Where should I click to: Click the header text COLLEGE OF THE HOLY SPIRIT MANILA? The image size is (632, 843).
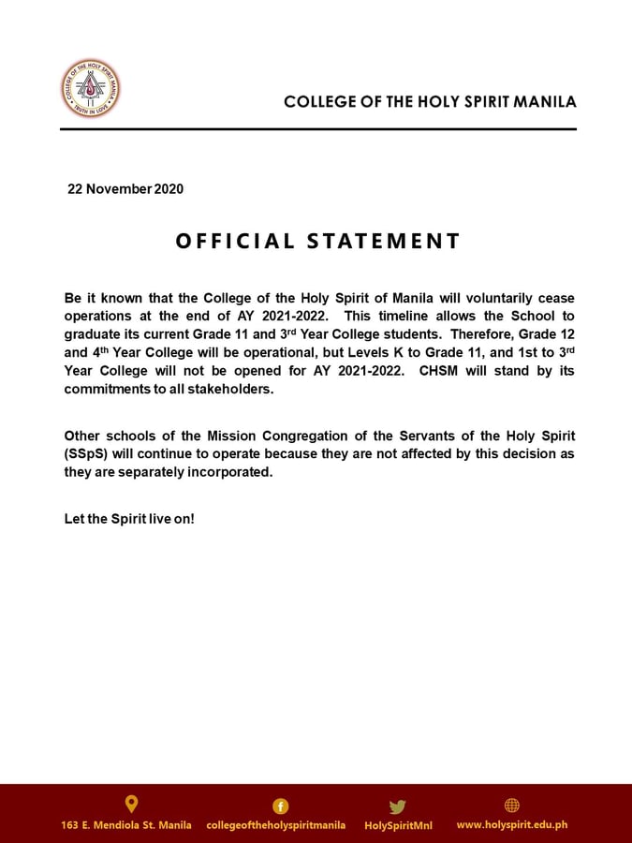coord(430,101)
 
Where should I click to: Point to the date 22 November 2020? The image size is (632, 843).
coord(125,189)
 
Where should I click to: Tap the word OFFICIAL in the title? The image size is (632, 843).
coord(234,242)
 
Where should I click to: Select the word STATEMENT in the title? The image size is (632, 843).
coord(384,242)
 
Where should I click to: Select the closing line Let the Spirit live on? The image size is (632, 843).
coord(129,518)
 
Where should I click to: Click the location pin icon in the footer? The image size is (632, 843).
coord(131,804)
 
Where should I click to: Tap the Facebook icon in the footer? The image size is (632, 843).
coord(280,806)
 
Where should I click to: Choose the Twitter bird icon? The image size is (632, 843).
coord(398,806)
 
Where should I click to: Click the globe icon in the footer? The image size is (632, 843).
coord(511,806)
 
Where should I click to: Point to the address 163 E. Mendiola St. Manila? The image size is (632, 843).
coord(126,825)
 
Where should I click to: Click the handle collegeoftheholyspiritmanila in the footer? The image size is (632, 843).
coord(275,825)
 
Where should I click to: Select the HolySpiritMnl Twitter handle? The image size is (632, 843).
coord(398,825)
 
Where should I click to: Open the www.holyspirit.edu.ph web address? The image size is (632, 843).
coord(511,825)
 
